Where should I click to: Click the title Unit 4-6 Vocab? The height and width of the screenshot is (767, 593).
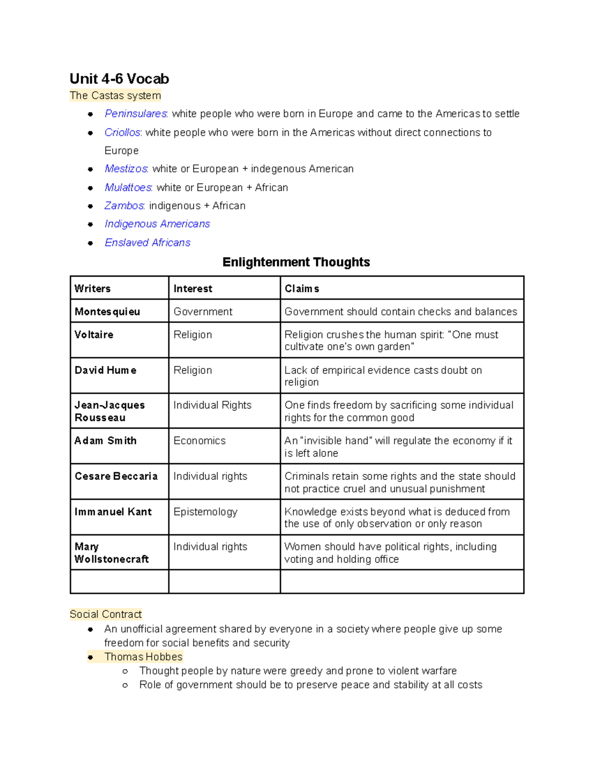pyautogui.click(x=119, y=79)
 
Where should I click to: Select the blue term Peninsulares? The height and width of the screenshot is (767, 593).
pyautogui.click(x=136, y=114)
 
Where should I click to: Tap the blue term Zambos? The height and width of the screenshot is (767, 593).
pyautogui.click(x=124, y=205)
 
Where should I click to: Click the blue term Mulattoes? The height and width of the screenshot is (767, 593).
pyautogui.click(x=128, y=187)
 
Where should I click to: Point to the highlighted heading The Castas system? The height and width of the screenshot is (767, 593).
pyautogui.click(x=115, y=95)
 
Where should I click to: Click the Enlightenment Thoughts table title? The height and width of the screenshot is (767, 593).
pyautogui.click(x=296, y=262)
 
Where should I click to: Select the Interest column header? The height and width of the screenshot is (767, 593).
pyautogui.click(x=193, y=288)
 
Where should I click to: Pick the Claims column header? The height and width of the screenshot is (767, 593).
pyautogui.click(x=301, y=288)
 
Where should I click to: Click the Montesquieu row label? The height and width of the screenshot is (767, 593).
pyautogui.click(x=107, y=312)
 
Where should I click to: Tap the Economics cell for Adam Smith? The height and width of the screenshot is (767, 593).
pyautogui.click(x=199, y=441)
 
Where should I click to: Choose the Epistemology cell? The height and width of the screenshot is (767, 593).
pyautogui.click(x=205, y=512)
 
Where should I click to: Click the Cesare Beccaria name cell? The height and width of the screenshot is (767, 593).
pyautogui.click(x=116, y=476)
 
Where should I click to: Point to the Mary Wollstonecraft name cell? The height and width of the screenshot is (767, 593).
pyautogui.click(x=111, y=553)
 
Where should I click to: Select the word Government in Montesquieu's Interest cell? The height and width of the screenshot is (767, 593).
pyautogui.click(x=203, y=312)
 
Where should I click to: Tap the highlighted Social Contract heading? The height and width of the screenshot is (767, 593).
pyautogui.click(x=105, y=614)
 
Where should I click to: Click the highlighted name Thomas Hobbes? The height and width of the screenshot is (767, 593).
pyautogui.click(x=143, y=656)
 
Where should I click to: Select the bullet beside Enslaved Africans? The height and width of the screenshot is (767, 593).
pyautogui.click(x=90, y=243)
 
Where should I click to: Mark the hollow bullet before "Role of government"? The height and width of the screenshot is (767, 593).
pyautogui.click(x=125, y=685)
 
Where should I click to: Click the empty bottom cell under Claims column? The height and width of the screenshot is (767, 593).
pyautogui.click(x=401, y=581)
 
